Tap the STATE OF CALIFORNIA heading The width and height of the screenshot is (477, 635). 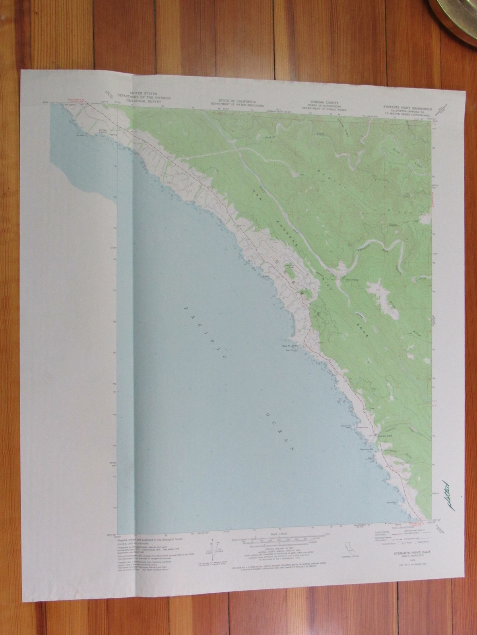(x=237, y=101)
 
